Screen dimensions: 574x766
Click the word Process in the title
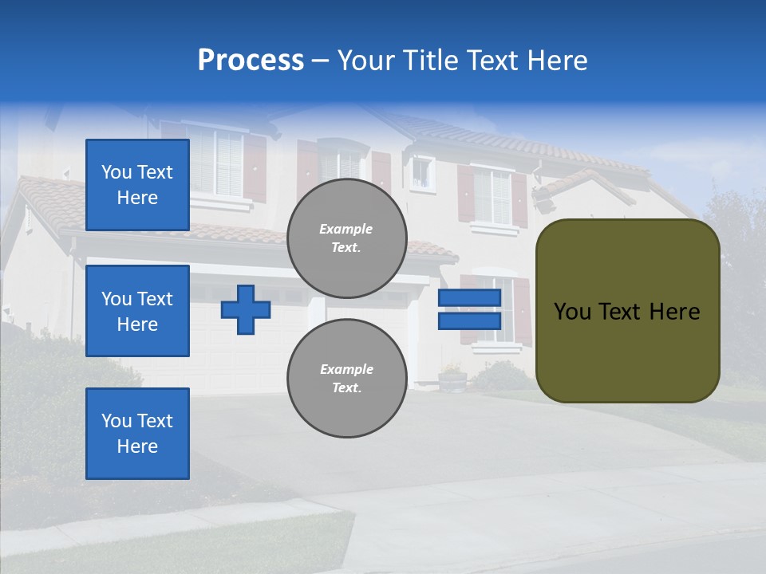[x=251, y=61]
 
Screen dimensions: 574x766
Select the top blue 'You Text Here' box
[x=137, y=185]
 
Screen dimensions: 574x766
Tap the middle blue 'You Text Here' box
[x=137, y=311]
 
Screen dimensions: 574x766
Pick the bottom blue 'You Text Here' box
[x=137, y=434]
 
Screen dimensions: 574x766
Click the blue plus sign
[x=246, y=309]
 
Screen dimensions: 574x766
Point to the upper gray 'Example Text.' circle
[x=346, y=238]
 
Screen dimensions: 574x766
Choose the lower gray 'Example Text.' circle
[x=346, y=378]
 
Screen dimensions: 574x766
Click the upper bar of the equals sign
[x=469, y=297]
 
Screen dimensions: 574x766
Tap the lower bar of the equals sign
[x=469, y=320]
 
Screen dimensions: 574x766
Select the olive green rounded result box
[x=627, y=311]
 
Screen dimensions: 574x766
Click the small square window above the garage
[x=421, y=172]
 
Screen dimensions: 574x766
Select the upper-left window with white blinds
[x=216, y=162]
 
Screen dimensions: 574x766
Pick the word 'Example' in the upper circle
[x=345, y=229]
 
